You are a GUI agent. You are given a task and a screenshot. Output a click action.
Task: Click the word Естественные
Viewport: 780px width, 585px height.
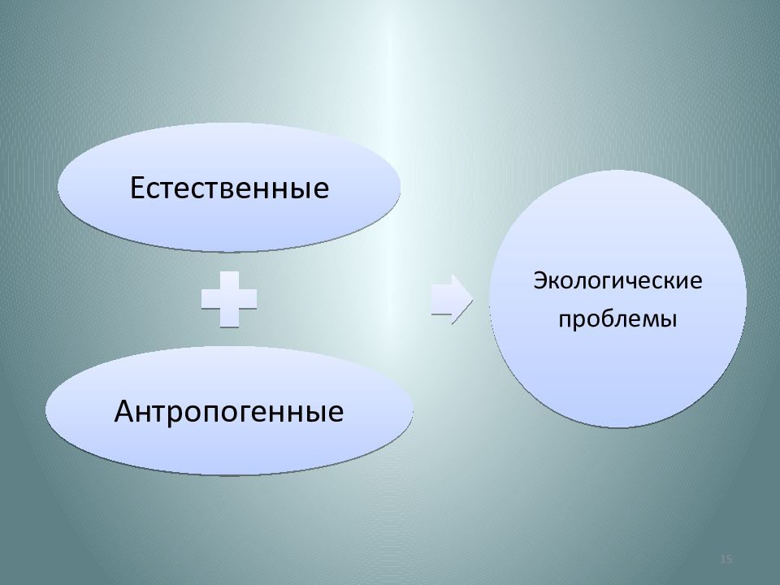tap(230, 188)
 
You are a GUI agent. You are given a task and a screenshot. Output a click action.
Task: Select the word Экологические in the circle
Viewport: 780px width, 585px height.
tap(617, 283)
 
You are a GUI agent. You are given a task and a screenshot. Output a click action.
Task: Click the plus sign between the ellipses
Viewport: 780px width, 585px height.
tap(229, 298)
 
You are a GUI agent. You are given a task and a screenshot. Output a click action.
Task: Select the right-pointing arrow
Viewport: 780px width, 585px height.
tap(452, 298)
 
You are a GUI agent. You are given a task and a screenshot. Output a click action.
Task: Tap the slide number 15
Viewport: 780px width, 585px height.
tap(726, 559)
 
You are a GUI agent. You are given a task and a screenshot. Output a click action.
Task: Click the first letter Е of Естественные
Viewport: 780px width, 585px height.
tap(139, 188)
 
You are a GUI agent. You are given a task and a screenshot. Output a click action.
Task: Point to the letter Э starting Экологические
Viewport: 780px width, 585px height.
tap(539, 283)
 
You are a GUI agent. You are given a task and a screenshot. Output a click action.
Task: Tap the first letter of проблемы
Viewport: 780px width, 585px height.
tap(563, 320)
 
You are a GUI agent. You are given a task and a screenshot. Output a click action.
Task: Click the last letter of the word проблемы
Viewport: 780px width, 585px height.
tap(671, 320)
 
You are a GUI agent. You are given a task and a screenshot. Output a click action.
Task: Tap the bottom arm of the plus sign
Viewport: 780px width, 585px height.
tap(229, 318)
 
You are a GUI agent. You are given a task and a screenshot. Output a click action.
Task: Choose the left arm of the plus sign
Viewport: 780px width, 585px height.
tap(210, 298)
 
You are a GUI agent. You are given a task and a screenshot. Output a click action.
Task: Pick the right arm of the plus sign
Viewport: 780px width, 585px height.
tap(248, 298)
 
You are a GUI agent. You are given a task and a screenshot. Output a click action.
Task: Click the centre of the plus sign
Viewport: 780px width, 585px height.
tap(229, 298)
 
